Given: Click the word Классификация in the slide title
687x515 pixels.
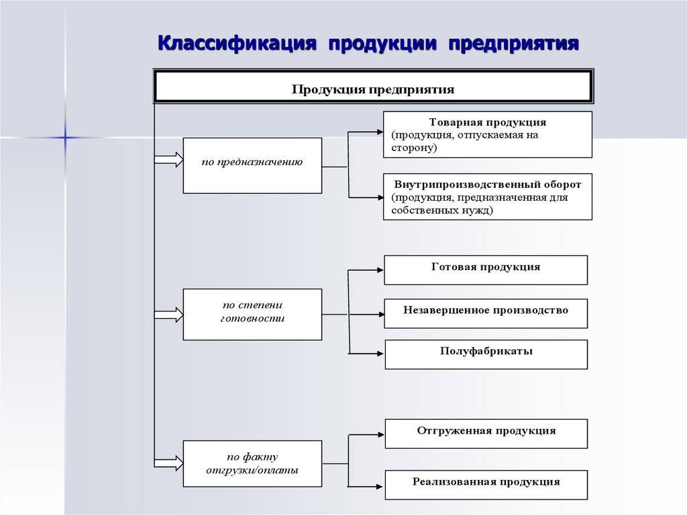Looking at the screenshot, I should click(x=236, y=44).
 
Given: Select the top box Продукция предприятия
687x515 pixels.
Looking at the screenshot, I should click(x=373, y=87).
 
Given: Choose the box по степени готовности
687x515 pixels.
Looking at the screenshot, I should click(x=252, y=314).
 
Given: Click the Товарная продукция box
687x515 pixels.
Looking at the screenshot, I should click(x=488, y=134).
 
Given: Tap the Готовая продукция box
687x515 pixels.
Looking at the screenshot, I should click(x=486, y=269).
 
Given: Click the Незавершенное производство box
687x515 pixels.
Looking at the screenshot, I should click(x=486, y=312).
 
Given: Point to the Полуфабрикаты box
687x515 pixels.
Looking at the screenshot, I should click(x=486, y=353).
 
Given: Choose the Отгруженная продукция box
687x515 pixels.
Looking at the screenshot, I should click(x=486, y=433).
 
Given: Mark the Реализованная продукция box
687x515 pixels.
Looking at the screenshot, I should click(x=486, y=484).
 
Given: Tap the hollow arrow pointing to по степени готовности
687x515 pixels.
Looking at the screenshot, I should click(x=168, y=314).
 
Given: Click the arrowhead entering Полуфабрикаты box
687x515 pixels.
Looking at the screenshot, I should click(x=379, y=353).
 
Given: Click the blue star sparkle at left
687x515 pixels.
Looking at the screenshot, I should click(x=65, y=137).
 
